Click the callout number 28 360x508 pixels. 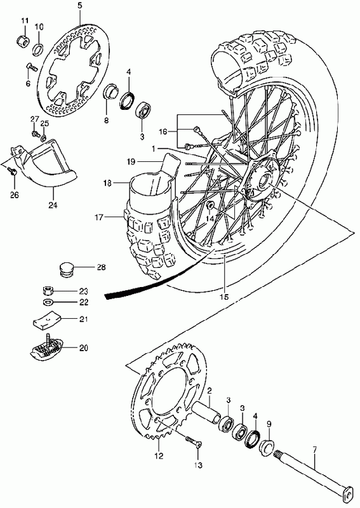101,267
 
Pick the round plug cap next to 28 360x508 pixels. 66,269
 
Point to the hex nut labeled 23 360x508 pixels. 48,290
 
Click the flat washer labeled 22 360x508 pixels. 48,302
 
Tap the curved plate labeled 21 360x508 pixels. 48,320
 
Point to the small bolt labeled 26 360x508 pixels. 13,171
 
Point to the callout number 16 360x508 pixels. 163,131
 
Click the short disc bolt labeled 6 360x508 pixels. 32,67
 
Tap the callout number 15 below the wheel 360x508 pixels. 224,297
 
